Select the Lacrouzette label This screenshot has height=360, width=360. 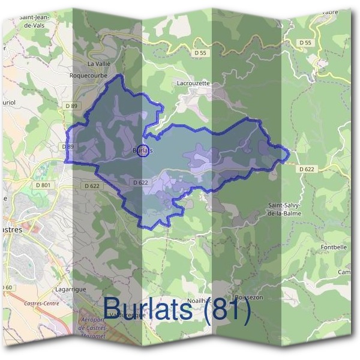tap(194, 83)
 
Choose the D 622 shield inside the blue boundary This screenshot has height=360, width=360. tap(140, 182)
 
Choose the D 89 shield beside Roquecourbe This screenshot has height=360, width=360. tap(71, 106)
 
